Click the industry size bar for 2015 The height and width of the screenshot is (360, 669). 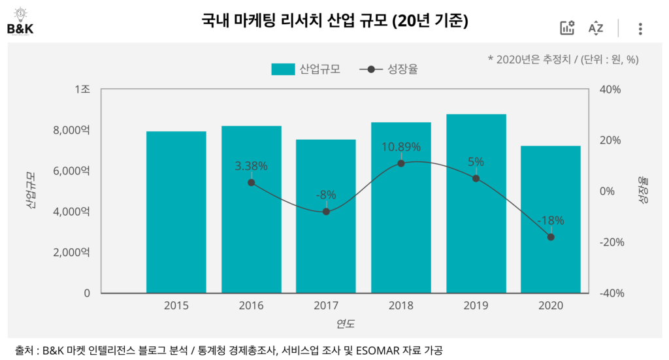coord(176,212)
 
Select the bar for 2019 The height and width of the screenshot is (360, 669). coord(476,204)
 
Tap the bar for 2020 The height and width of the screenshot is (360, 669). coord(551,220)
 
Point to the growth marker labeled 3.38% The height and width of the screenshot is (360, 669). coord(252,182)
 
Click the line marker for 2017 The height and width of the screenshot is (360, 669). coord(326,212)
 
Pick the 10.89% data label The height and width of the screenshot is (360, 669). coord(400,147)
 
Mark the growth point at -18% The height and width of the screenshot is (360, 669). coord(551,237)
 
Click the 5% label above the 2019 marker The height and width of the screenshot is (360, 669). coord(476,162)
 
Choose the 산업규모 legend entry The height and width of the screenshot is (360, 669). coord(306,69)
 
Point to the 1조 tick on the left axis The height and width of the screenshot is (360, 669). coord(82,90)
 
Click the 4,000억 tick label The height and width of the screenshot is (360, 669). coord(71,212)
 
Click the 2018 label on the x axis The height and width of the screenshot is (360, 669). coord(401,305)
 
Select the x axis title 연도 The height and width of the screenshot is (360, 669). coord(346,323)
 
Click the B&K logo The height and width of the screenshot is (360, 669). coord(20,21)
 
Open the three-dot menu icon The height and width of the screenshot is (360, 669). coord(640,28)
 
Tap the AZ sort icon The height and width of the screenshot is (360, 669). coord(595,28)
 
